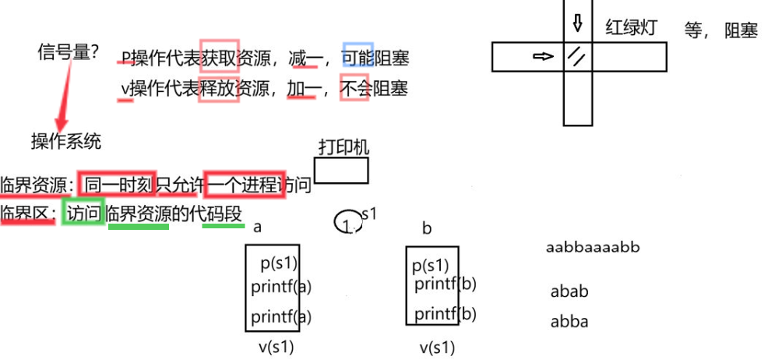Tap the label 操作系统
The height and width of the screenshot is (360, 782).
click(65, 141)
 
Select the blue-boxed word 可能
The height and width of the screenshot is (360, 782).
click(358, 58)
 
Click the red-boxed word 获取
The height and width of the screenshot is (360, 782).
click(218, 58)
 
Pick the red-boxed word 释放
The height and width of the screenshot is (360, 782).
click(218, 88)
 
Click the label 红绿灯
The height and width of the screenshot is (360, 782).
click(632, 28)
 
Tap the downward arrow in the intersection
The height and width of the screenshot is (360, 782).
click(577, 23)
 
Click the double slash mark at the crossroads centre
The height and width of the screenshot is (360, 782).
click(577, 57)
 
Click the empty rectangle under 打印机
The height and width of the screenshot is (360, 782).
click(341, 171)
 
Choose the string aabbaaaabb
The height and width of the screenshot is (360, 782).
click(593, 248)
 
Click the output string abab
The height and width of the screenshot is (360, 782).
click(569, 292)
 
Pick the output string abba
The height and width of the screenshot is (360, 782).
click(569, 321)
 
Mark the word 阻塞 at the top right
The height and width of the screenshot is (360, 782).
click(741, 30)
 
